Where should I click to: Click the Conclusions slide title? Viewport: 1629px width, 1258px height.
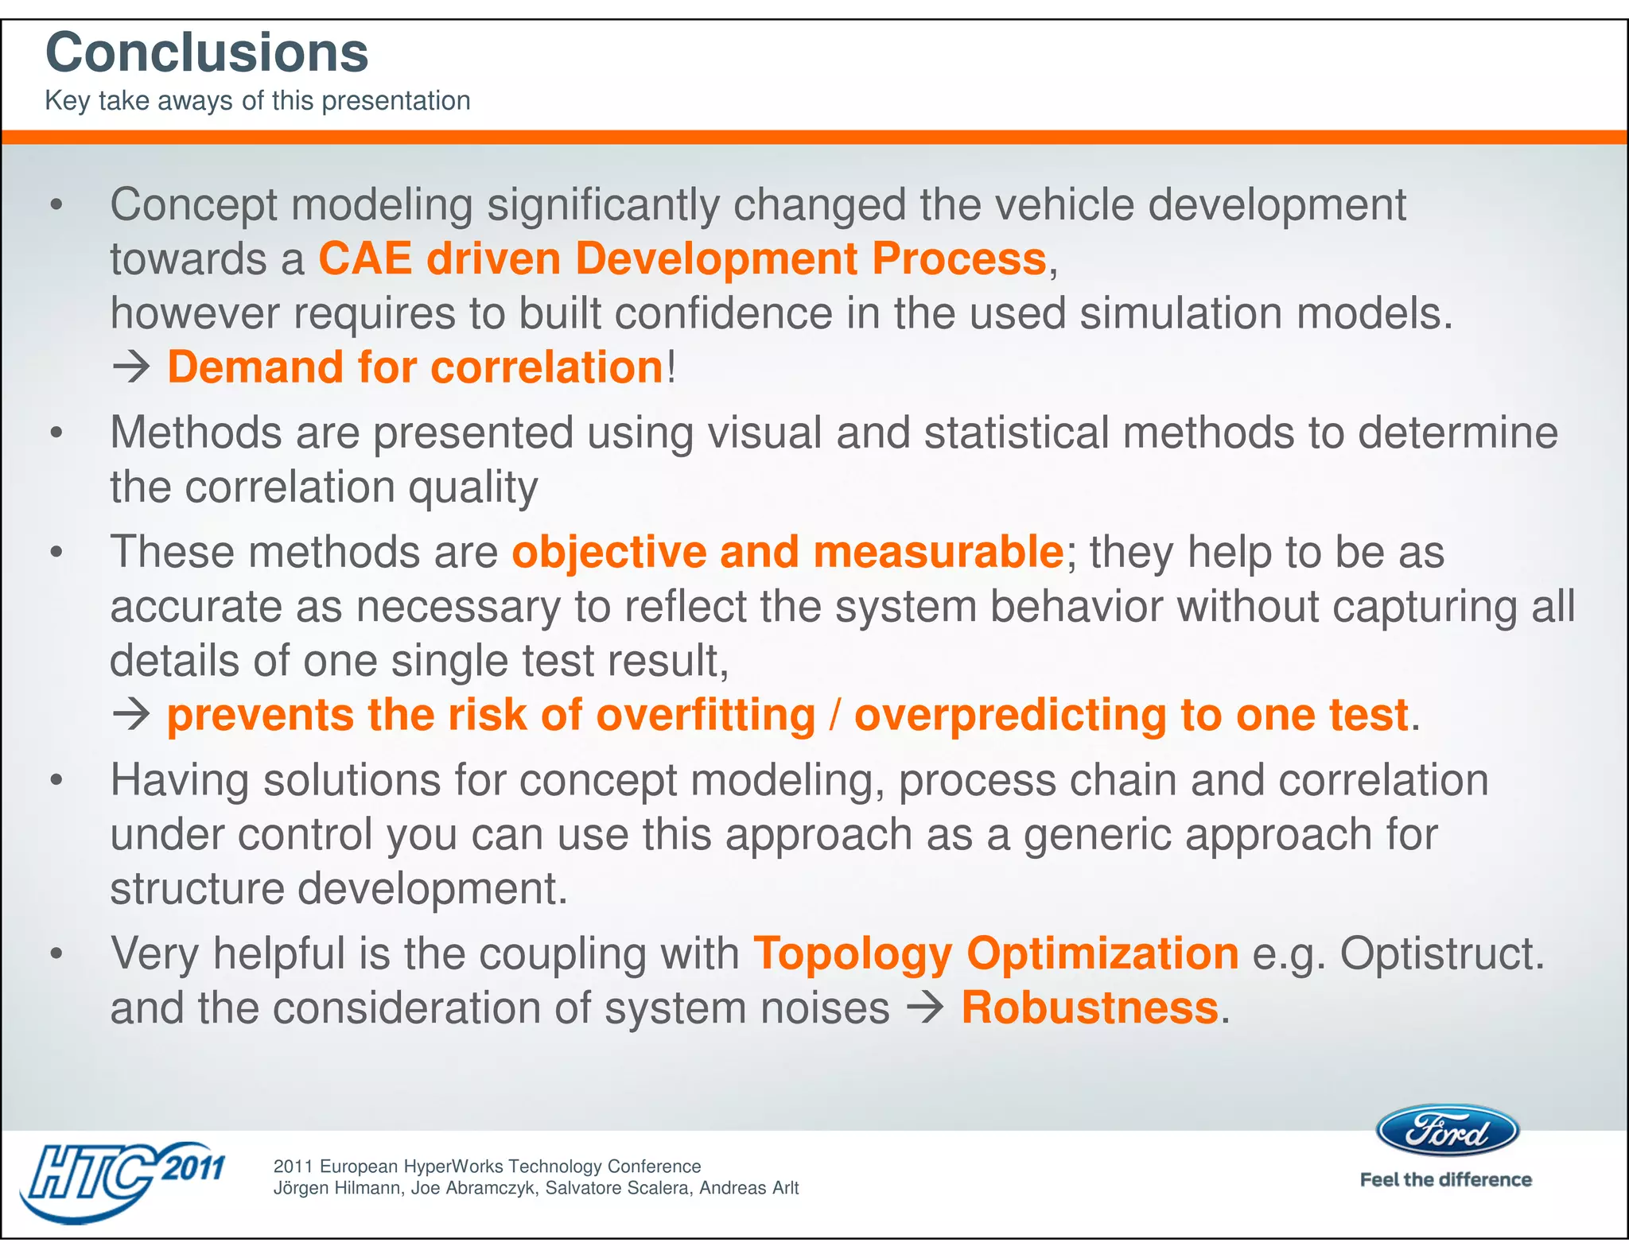point(207,52)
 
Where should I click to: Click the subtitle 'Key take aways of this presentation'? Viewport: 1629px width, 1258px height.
point(257,101)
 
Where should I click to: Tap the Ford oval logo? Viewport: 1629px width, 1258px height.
point(1447,1130)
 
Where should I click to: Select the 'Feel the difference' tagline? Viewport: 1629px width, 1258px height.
point(1445,1179)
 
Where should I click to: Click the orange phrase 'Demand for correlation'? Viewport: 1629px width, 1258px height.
point(414,367)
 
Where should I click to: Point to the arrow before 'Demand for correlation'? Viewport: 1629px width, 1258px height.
point(131,367)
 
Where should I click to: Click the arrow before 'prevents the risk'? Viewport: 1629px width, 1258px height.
point(131,714)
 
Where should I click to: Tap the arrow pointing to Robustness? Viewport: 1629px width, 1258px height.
point(925,1008)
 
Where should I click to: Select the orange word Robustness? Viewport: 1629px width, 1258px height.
point(1089,1008)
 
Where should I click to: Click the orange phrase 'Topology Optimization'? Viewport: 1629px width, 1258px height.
point(995,953)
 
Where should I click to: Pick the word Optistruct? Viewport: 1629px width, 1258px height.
point(1440,953)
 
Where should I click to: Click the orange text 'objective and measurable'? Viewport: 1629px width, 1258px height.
point(787,551)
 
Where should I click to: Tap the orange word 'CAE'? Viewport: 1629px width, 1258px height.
point(365,258)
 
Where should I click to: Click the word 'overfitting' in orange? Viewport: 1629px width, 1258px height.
point(706,714)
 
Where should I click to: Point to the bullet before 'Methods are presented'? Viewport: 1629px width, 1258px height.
point(56,433)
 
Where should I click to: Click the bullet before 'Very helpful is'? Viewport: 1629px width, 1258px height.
point(56,953)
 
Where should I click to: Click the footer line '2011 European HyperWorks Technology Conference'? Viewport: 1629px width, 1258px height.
point(487,1166)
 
